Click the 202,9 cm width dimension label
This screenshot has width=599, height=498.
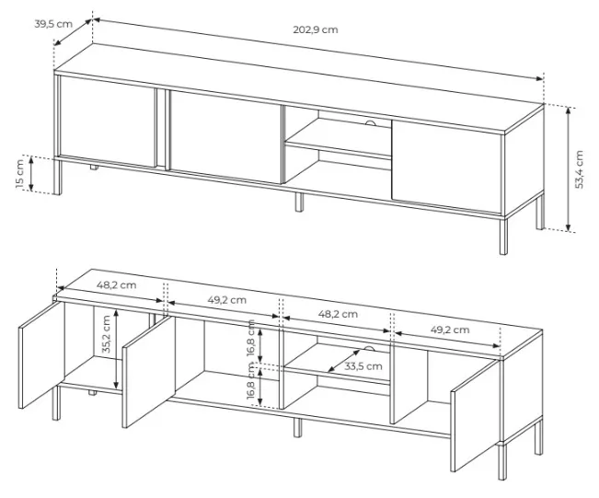click(316, 29)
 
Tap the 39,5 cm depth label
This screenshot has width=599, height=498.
click(53, 24)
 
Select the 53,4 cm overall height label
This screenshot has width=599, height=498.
click(579, 169)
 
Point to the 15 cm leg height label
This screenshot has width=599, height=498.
click(20, 173)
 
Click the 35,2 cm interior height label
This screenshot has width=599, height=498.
click(106, 334)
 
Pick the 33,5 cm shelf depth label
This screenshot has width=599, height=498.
click(363, 366)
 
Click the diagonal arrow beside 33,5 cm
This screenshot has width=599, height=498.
click(343, 361)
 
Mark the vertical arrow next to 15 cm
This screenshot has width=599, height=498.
click(31, 173)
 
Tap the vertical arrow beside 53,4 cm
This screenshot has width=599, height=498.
click(569, 169)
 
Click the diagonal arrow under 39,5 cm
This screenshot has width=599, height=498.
click(73, 32)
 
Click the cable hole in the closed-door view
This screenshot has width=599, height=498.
click(371, 122)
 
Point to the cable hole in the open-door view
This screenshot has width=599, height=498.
click(370, 348)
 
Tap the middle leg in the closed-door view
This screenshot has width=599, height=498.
click(299, 202)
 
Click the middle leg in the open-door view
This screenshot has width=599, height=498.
click(297, 427)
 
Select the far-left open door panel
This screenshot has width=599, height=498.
click(41, 355)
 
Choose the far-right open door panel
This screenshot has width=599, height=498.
click(475, 416)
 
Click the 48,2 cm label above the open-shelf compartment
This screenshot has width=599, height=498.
click(338, 314)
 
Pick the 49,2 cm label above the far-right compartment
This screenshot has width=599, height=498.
click(450, 330)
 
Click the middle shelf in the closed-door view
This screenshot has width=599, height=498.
click(338, 149)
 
